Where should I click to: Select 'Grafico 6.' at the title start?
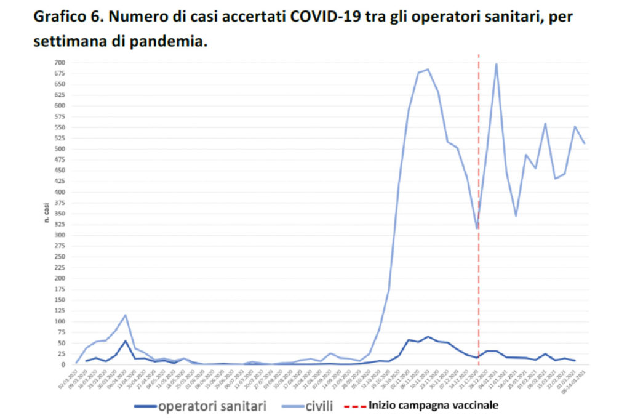[x=68, y=17]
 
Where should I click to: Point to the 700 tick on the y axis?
[x=60, y=62]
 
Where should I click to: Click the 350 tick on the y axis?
[x=60, y=214]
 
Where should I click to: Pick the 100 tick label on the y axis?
[x=60, y=321]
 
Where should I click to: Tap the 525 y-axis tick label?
[x=60, y=138]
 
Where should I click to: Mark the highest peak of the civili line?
[x=496, y=64]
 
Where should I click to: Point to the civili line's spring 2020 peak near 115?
[x=126, y=315]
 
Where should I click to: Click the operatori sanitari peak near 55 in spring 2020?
[x=126, y=341]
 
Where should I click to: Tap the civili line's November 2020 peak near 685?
[x=428, y=70]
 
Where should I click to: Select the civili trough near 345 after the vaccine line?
[x=516, y=215]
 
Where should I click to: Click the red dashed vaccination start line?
[x=479, y=154]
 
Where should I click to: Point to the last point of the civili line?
[x=584, y=143]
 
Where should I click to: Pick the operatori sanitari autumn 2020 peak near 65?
[x=428, y=337]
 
